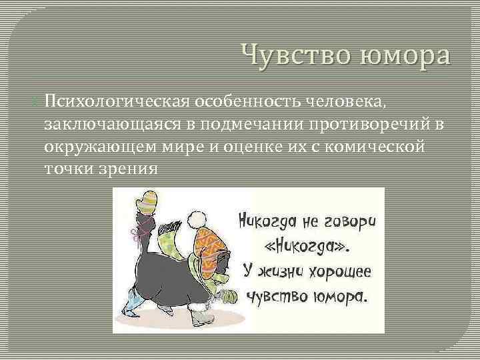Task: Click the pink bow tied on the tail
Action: click(x=139, y=233)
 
